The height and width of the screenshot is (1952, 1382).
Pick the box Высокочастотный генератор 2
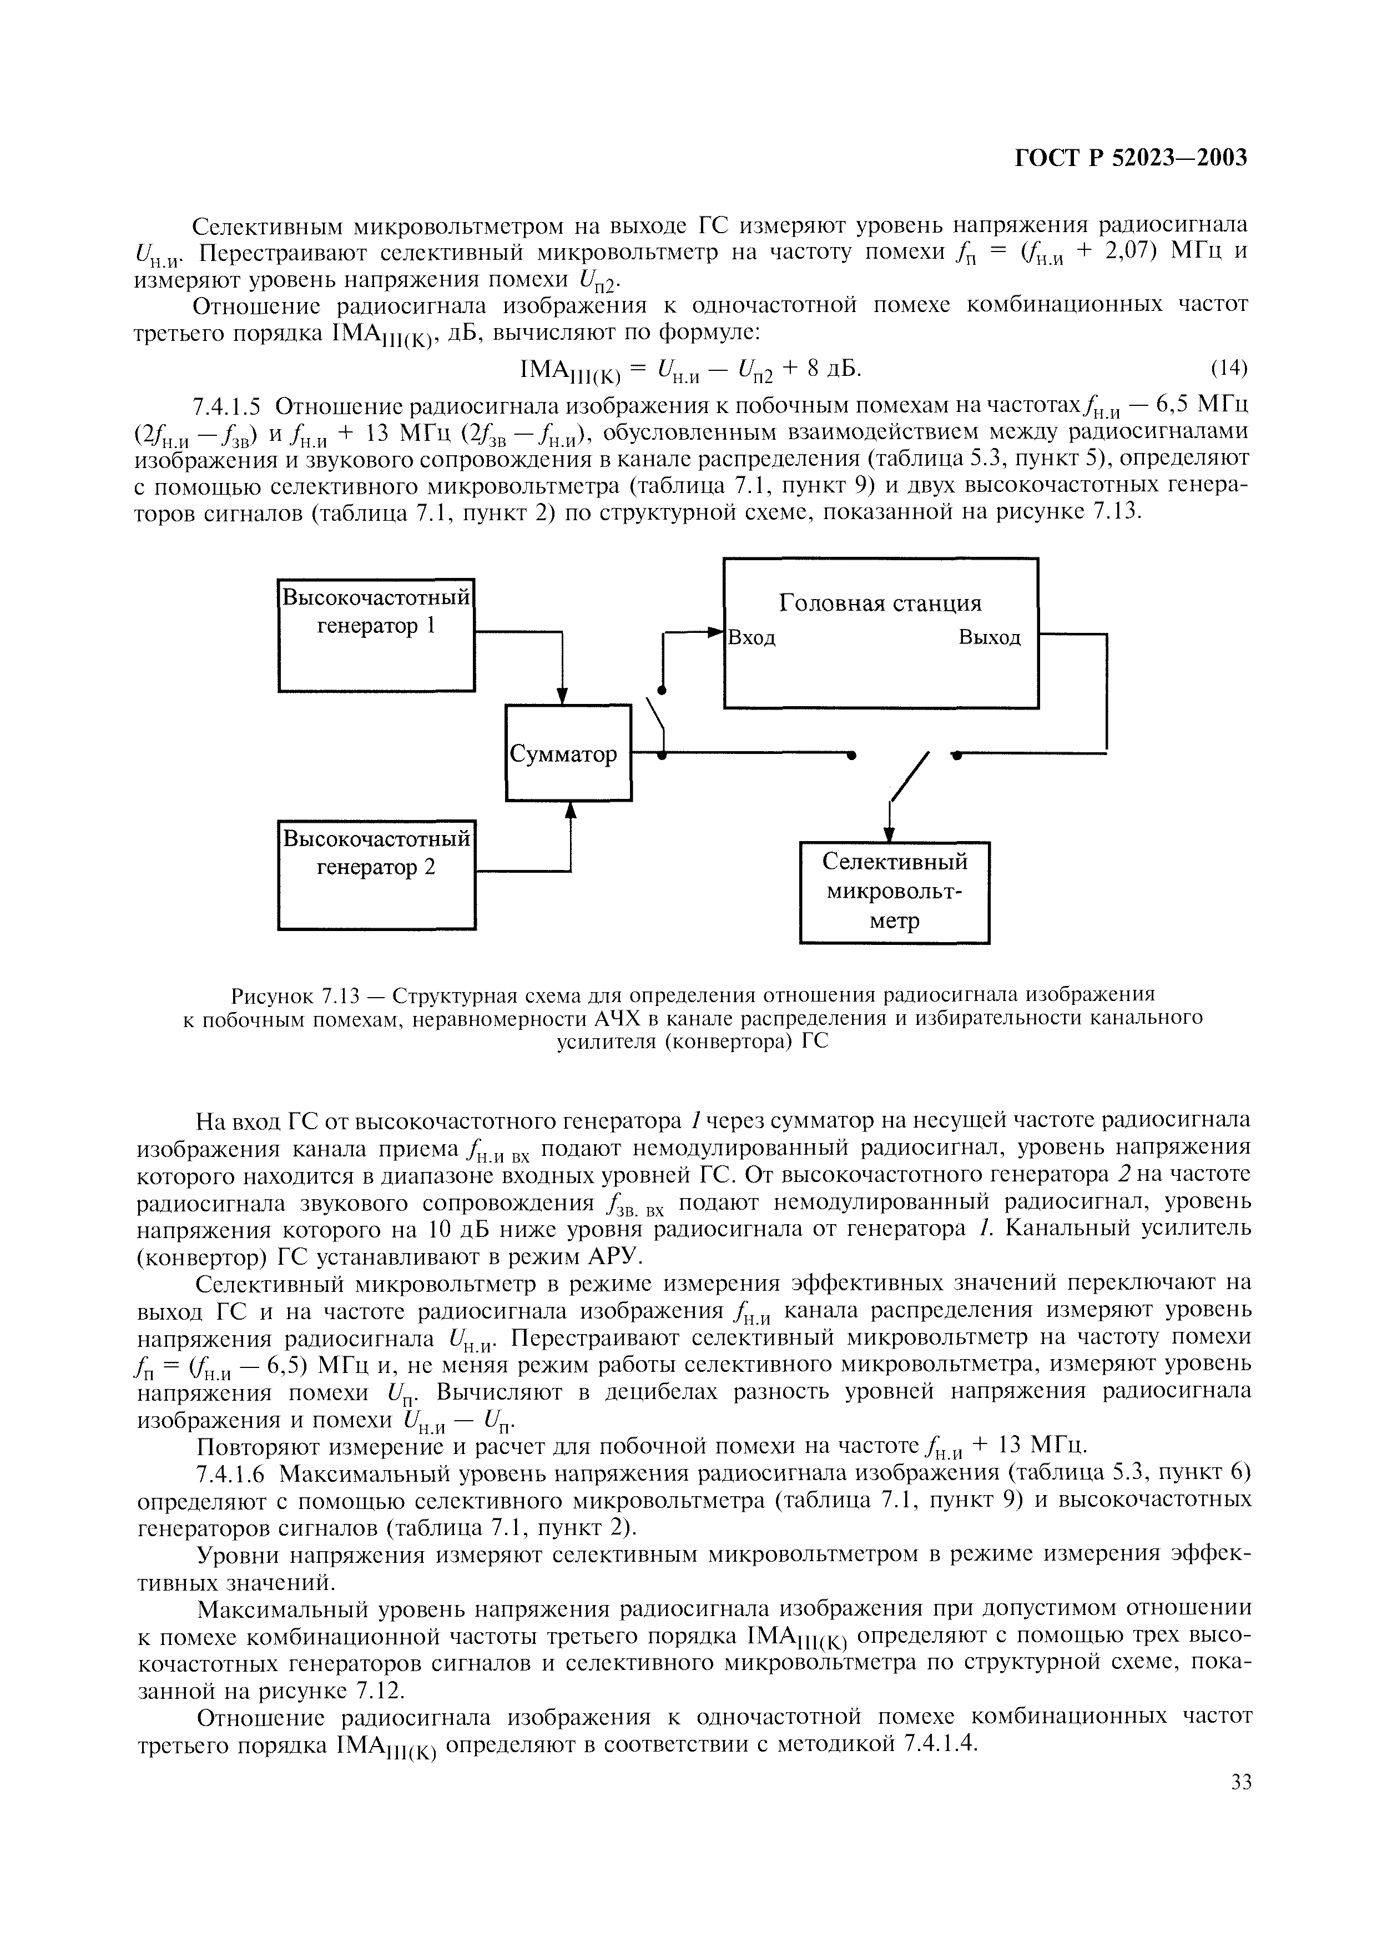[x=376, y=874]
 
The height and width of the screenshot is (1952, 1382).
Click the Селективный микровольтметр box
[x=895, y=892]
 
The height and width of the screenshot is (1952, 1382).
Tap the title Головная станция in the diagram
[x=881, y=603]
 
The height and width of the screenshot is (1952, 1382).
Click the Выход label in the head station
[x=990, y=638]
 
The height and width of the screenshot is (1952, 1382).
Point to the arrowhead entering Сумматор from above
[x=562, y=696]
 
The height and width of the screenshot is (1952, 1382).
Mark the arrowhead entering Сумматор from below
[x=570, y=811]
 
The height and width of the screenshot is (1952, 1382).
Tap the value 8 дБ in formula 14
[x=825, y=368]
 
